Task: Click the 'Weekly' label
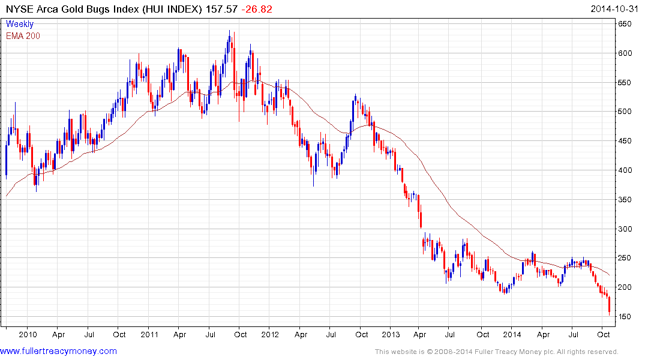point(20,25)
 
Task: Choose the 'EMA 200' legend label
point(23,36)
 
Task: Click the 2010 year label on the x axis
point(28,334)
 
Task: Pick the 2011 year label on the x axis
point(149,334)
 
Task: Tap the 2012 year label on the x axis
point(271,334)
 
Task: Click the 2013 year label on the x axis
point(391,334)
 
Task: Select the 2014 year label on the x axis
point(512,334)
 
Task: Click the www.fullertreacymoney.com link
point(58,351)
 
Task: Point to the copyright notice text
point(496,352)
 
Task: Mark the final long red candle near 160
point(609,304)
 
